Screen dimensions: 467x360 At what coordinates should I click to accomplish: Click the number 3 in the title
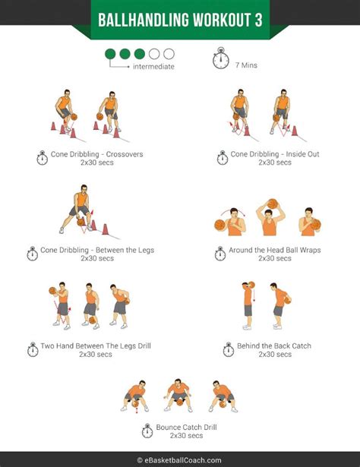[258, 19]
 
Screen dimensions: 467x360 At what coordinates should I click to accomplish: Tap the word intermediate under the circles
[153, 67]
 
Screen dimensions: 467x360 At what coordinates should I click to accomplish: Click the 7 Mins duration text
[246, 66]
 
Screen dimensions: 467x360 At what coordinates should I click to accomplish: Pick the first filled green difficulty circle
[111, 54]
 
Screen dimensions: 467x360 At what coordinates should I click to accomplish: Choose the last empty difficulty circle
[169, 54]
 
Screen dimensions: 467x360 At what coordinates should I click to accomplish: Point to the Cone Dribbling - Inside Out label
[265, 155]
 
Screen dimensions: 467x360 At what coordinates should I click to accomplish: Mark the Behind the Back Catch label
[273, 346]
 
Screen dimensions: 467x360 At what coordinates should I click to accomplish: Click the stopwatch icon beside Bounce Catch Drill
[147, 431]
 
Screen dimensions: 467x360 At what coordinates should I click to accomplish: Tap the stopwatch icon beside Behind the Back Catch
[228, 350]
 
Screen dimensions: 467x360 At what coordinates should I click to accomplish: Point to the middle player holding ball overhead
[269, 219]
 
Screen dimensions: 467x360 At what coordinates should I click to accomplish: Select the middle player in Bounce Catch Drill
[178, 395]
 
